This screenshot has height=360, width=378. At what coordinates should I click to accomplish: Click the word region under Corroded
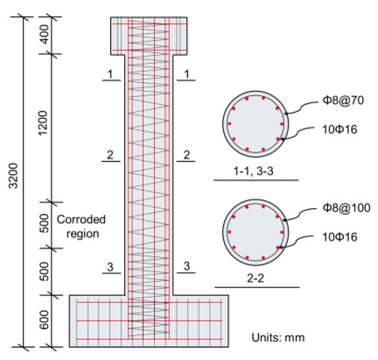(x=80, y=234)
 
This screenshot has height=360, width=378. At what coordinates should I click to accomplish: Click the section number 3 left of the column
(x=109, y=266)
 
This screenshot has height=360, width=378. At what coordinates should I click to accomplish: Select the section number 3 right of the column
(x=186, y=266)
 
